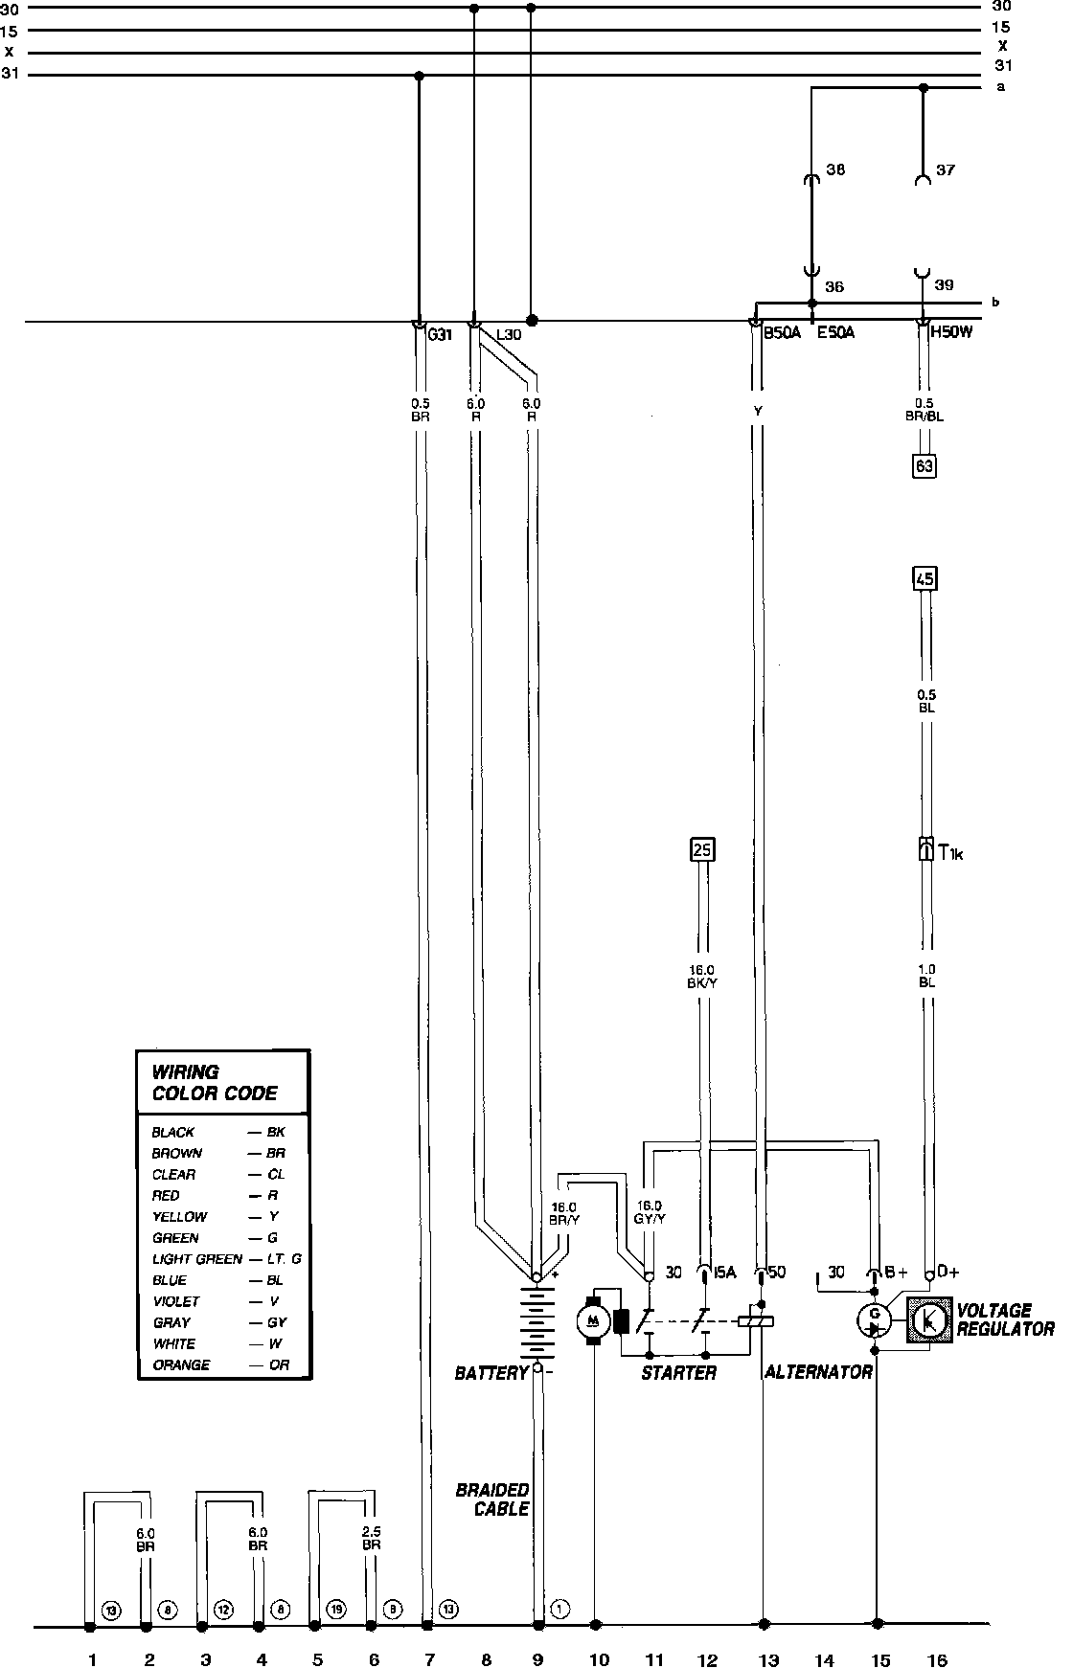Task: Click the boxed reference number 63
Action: click(925, 466)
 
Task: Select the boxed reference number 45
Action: click(925, 578)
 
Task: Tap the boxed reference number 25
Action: click(702, 849)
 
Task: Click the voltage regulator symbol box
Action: click(927, 1319)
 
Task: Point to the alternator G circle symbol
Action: click(874, 1320)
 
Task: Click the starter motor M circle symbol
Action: click(594, 1320)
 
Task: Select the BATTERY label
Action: click(491, 1373)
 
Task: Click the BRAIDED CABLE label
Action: click(492, 1499)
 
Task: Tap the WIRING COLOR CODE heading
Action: click(215, 1082)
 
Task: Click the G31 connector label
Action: click(440, 335)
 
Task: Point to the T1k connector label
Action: click(950, 851)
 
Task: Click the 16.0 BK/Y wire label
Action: click(704, 976)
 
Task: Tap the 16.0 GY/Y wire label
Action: click(649, 1212)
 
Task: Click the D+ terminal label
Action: click(948, 1272)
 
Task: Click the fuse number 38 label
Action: click(835, 170)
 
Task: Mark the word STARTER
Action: click(678, 1373)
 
